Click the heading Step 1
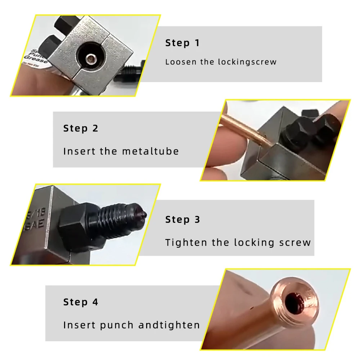click(x=182, y=43)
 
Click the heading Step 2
click(x=81, y=129)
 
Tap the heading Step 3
click(x=183, y=220)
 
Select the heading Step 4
click(x=81, y=302)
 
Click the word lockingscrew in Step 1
click(x=247, y=62)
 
